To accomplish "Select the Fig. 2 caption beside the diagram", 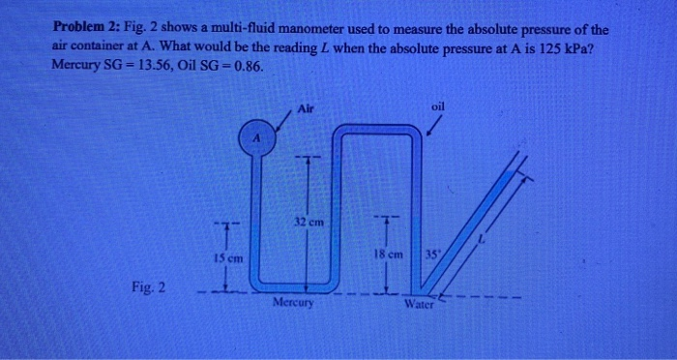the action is click(x=150, y=287).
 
